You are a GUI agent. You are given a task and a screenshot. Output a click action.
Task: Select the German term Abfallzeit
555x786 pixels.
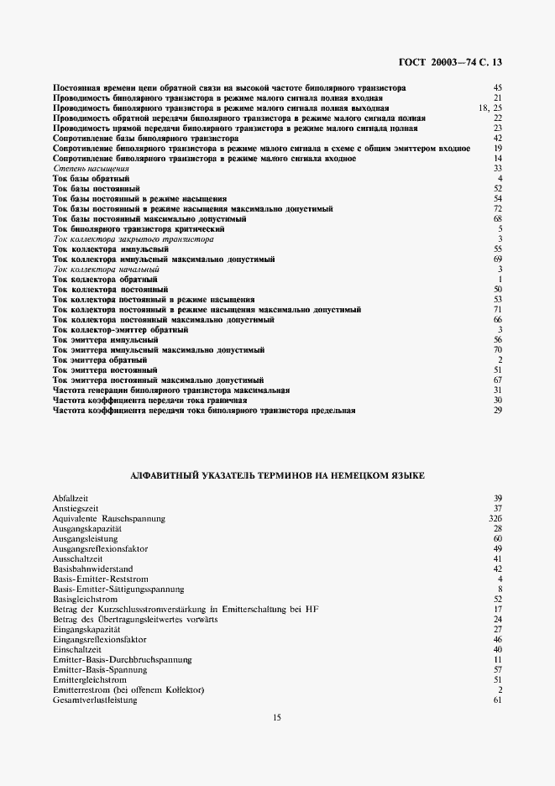point(71,499)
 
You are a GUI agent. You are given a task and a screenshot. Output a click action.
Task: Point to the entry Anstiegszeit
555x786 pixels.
point(74,509)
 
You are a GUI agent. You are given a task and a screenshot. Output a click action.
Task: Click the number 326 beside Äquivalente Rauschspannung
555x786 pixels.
point(495,519)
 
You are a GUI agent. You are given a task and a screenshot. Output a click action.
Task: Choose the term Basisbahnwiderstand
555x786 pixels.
point(92,569)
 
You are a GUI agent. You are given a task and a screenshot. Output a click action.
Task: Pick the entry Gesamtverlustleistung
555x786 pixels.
point(95,700)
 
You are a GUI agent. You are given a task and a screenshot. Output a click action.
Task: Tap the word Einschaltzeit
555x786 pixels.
point(76,649)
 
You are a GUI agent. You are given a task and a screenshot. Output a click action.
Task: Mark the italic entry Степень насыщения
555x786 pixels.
point(85,169)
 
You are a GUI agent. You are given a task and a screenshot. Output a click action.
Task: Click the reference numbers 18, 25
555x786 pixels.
point(490,108)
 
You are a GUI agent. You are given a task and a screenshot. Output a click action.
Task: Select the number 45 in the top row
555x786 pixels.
point(497,88)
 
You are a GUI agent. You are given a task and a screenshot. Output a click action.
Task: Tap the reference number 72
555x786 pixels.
point(497,209)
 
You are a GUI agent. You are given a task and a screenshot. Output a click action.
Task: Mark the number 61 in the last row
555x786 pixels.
point(497,700)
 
